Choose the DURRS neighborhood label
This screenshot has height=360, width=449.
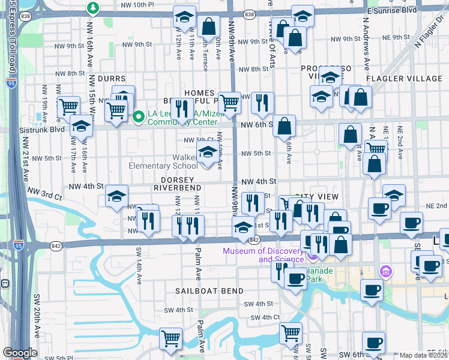click(112, 79)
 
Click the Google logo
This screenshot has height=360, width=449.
click(20, 353)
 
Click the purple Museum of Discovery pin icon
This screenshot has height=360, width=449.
click(312, 256)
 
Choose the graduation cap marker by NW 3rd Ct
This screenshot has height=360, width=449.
click(116, 195)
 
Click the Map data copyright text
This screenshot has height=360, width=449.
click(423, 355)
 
